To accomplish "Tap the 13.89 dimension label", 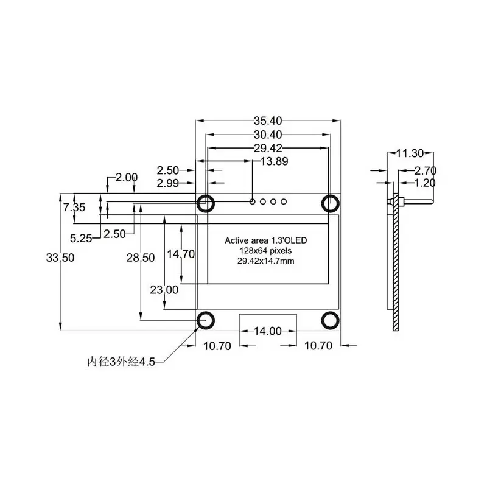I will (274, 161).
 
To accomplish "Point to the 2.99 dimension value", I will (169, 183).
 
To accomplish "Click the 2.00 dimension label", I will (127, 177).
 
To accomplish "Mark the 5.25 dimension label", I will (81, 238).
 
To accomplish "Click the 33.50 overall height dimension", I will (60, 258).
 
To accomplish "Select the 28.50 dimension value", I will (140, 258).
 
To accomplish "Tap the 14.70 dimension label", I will (181, 254).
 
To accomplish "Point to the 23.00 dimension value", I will (164, 290).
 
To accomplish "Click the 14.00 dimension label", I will (267, 331).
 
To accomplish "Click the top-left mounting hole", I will (205, 202).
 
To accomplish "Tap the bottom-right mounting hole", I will (331, 320).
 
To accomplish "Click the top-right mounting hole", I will (331, 202).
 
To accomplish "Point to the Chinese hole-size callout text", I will (122, 362).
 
